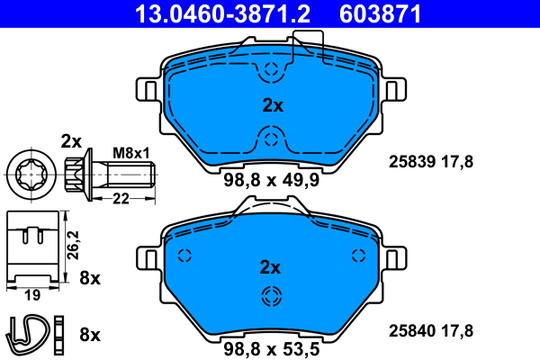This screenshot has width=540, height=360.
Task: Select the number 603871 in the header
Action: [380, 13]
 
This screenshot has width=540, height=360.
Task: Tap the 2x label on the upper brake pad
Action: [272, 105]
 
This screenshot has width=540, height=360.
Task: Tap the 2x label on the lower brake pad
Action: [270, 267]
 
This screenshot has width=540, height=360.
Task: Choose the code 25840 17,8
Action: [430, 329]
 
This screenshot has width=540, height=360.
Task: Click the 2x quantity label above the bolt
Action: [71, 140]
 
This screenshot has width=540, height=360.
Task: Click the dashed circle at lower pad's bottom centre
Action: [271, 298]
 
